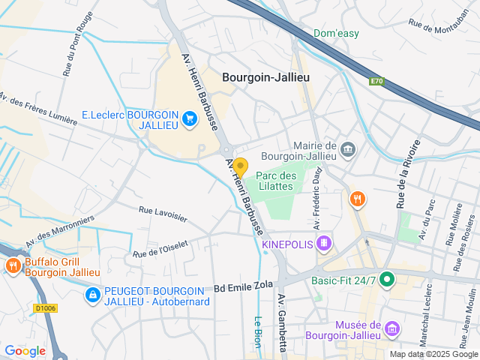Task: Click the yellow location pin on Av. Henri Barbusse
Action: tap(240, 166)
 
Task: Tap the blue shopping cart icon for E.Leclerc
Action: tap(189, 118)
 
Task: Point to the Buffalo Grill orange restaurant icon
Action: tap(13, 265)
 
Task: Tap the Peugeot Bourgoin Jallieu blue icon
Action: tap(92, 295)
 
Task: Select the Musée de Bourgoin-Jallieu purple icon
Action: tap(391, 328)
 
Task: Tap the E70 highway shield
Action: tap(376, 81)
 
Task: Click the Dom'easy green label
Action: tap(336, 33)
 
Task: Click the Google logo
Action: tap(25, 350)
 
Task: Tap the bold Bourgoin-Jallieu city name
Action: tap(266, 77)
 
